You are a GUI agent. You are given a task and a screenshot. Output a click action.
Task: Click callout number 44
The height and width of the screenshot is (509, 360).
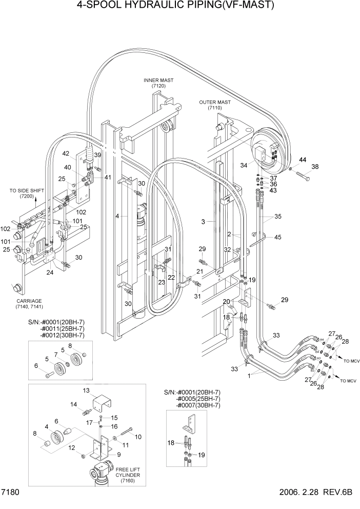303,160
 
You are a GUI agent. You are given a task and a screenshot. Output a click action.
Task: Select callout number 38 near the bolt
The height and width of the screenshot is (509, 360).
315,167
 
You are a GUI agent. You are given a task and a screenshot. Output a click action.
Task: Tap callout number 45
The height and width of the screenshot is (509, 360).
277,237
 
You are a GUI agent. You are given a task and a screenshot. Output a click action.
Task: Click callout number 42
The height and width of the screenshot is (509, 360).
66,153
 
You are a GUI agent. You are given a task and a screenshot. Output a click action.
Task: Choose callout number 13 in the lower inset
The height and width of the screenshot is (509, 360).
86,390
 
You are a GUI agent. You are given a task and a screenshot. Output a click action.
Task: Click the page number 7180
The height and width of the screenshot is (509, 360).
10,493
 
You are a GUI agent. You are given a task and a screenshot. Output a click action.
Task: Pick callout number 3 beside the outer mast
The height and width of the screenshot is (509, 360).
203,222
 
